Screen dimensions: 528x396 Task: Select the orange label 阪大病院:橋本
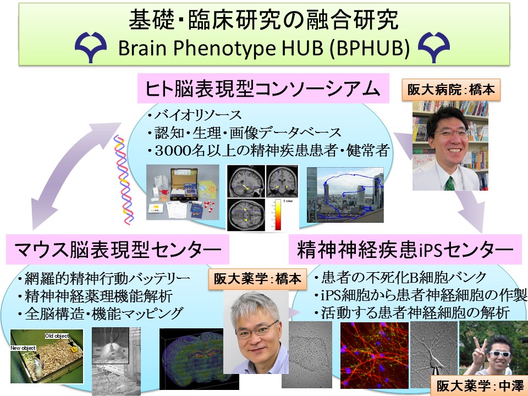pyautogui.click(x=451, y=90)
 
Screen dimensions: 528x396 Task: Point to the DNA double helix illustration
pyautogui.click(x=124, y=180)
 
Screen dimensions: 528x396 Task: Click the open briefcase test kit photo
pyautogui.click(x=183, y=192)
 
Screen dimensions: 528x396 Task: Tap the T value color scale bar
pyautogui.click(x=278, y=214)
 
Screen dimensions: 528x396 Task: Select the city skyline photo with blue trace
pyautogui.click(x=345, y=195)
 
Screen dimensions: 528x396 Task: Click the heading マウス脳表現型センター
pyautogui.click(x=118, y=250)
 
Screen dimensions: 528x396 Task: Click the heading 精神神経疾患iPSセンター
pyautogui.click(x=405, y=250)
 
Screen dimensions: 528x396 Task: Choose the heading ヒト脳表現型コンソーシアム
pyautogui.click(x=263, y=89)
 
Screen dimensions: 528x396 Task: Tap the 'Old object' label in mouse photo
pyautogui.click(x=57, y=335)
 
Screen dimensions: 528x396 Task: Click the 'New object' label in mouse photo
pyautogui.click(x=23, y=348)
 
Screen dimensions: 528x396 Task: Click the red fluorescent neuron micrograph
pyautogui.click(x=375, y=355)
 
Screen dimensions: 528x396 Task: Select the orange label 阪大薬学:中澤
pyautogui.click(x=480, y=386)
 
